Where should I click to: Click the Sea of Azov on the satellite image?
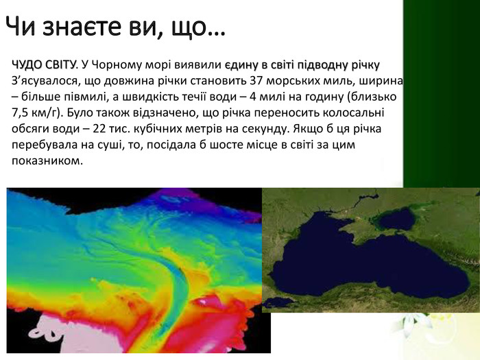pos(398,219)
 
